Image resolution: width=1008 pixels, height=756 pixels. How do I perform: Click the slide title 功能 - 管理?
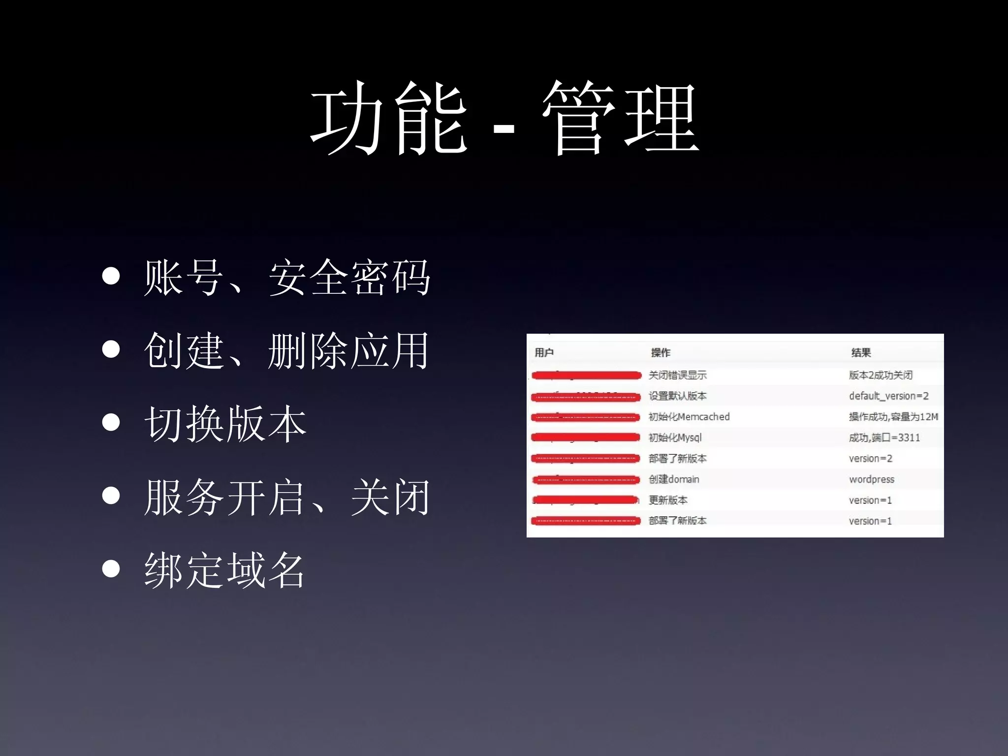pos(504,118)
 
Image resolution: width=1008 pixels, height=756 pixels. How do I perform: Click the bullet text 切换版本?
pos(225,424)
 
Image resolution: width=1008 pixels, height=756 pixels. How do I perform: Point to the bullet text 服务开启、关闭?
pos(287,497)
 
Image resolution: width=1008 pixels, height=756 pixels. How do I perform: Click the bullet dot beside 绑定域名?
pos(111,569)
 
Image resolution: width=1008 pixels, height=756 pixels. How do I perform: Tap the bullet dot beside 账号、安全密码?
pos(111,277)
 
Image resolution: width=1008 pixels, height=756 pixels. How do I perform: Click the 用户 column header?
pos(544,352)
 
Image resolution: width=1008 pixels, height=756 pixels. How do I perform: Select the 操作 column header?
pos(661,352)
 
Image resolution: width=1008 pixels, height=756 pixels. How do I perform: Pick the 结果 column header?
pos(861,352)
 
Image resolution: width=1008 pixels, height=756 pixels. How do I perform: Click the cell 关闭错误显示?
pos(677,375)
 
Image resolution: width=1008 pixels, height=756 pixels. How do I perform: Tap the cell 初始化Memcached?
pos(689,417)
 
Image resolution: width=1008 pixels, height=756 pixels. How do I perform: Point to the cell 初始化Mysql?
pos(675,438)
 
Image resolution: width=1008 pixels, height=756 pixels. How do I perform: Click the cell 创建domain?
pos(674,479)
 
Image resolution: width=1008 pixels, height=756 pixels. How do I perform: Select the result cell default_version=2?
pos(888,396)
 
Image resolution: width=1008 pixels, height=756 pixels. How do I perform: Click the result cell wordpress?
pos(871,479)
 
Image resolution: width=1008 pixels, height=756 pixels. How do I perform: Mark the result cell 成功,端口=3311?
pos(884,438)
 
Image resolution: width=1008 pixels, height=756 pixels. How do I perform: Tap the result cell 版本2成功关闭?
pos(881,375)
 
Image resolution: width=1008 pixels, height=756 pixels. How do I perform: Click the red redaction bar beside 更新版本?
pos(586,500)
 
